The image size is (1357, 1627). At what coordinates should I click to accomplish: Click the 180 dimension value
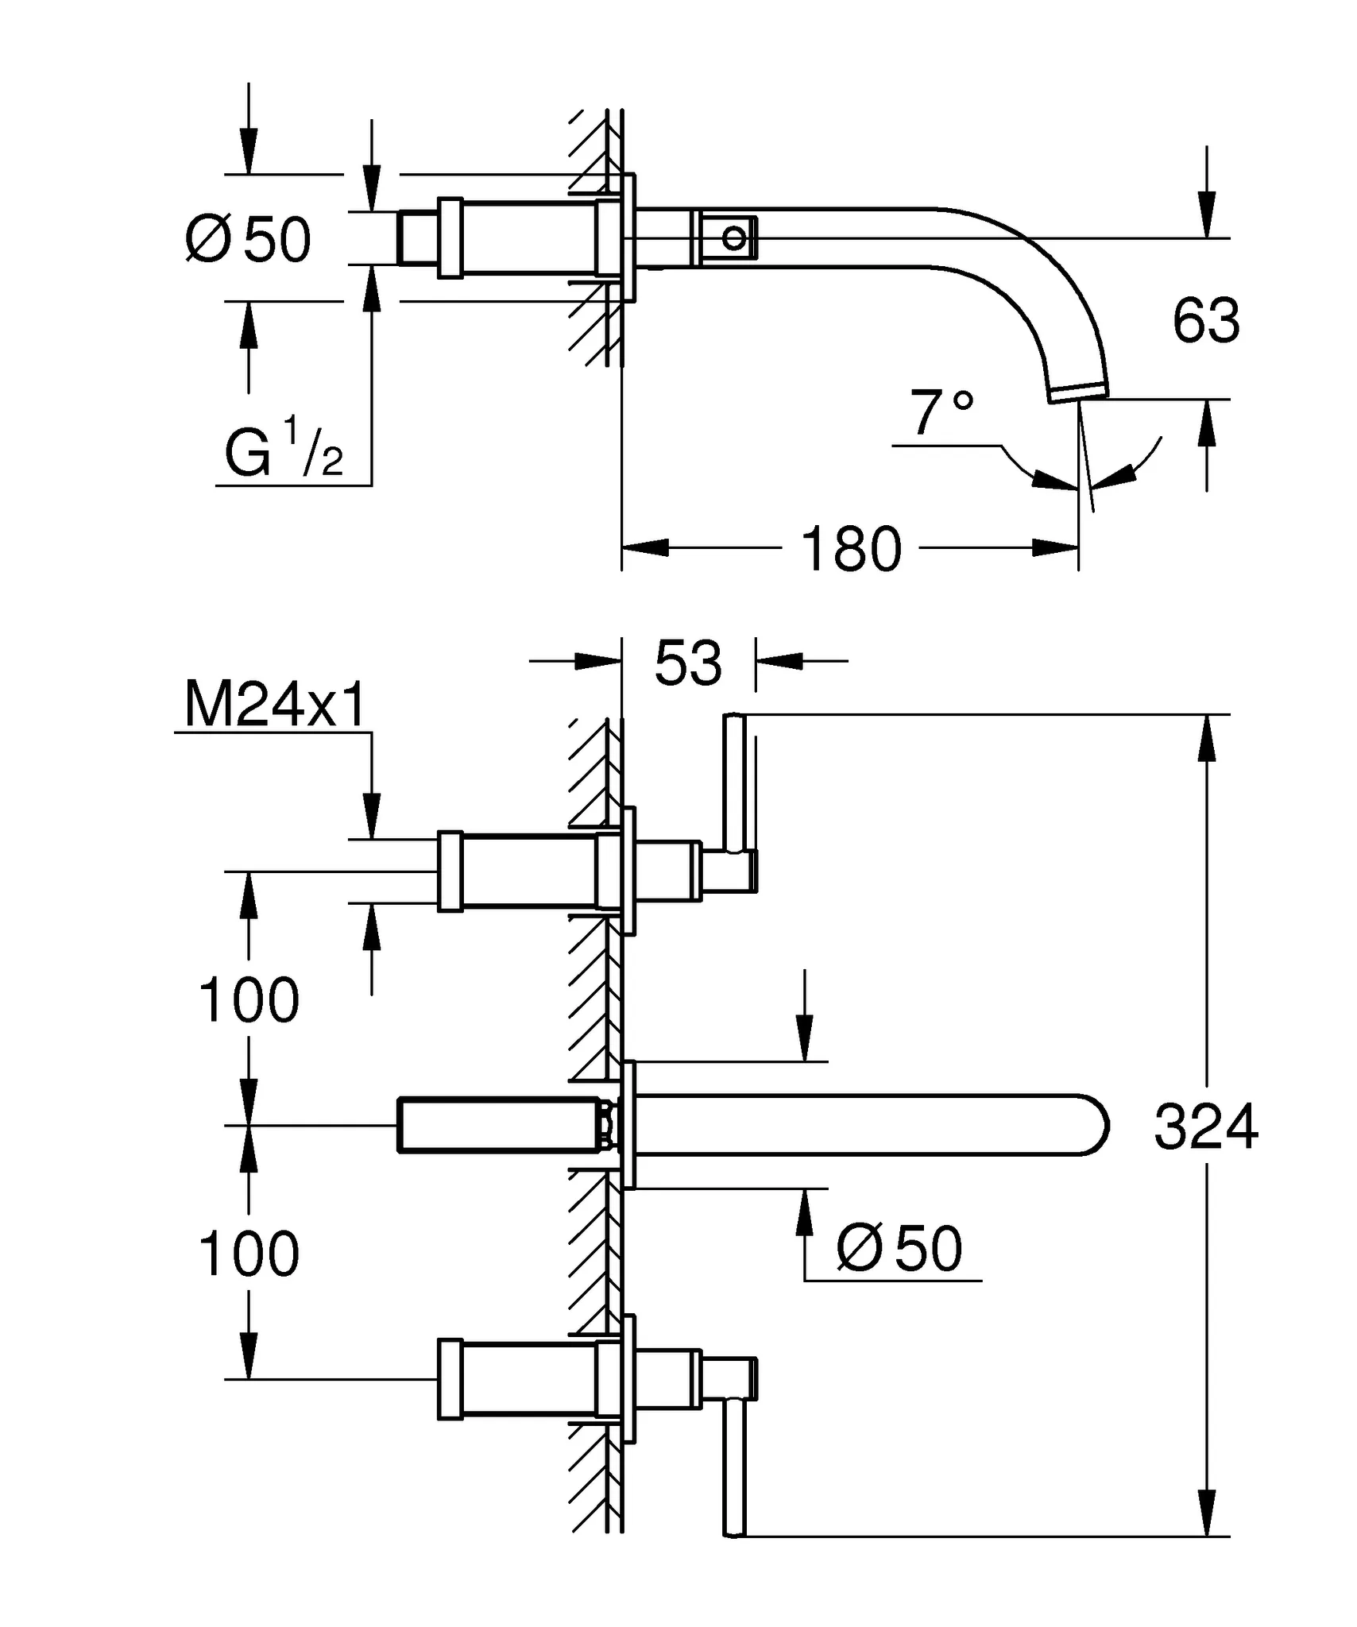851,549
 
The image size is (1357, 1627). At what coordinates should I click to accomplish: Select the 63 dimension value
1205,321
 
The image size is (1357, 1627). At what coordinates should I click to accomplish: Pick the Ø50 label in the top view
248,239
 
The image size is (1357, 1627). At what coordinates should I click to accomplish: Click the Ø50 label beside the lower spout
899,1249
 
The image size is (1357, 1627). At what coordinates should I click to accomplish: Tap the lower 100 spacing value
249,1254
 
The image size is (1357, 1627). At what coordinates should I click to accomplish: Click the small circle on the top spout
734,237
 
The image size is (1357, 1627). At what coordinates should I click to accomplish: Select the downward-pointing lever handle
734,1468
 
